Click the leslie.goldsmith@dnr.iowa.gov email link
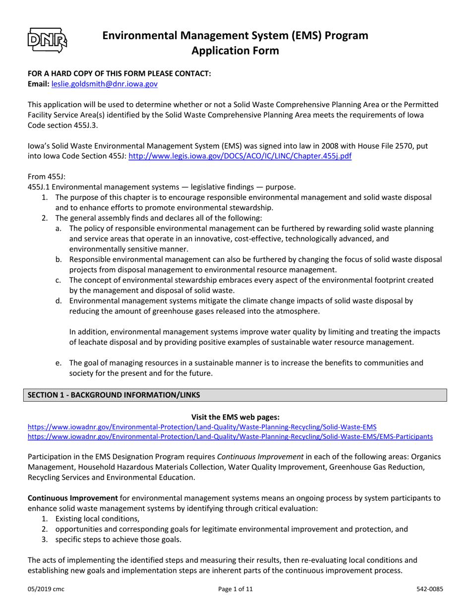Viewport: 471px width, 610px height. (105, 85)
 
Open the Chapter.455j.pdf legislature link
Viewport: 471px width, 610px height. (240, 155)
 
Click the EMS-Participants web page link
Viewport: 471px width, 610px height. (230, 437)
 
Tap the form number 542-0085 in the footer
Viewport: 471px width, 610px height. (429, 589)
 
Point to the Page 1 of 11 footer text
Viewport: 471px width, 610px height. (235, 589)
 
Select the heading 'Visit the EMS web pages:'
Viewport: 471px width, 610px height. (235, 418)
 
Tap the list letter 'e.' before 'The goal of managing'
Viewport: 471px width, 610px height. (59, 363)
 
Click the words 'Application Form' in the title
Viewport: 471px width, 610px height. (235, 51)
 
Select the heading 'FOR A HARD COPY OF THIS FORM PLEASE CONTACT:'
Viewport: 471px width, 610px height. (119, 73)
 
